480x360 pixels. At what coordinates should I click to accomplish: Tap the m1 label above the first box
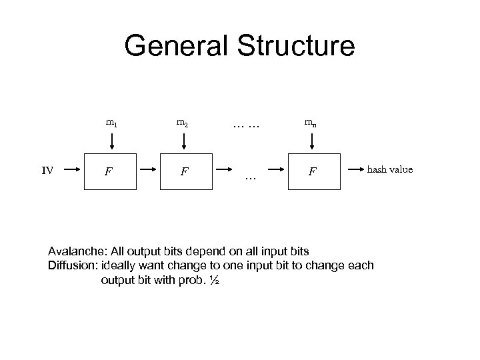(111, 122)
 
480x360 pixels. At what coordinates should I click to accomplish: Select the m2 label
(182, 122)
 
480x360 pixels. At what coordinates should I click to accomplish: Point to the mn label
(311, 122)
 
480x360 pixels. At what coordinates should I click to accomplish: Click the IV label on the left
(47, 170)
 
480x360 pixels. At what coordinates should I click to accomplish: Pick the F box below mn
(311, 173)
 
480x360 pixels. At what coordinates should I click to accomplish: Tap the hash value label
(390, 169)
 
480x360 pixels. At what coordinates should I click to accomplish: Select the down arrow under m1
(111, 141)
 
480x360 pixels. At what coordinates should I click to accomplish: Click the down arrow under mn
(311, 141)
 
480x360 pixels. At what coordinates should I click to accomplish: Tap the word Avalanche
(77, 251)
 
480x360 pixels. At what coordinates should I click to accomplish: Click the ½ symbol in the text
(214, 280)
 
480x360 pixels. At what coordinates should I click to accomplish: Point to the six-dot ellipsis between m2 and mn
(245, 123)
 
